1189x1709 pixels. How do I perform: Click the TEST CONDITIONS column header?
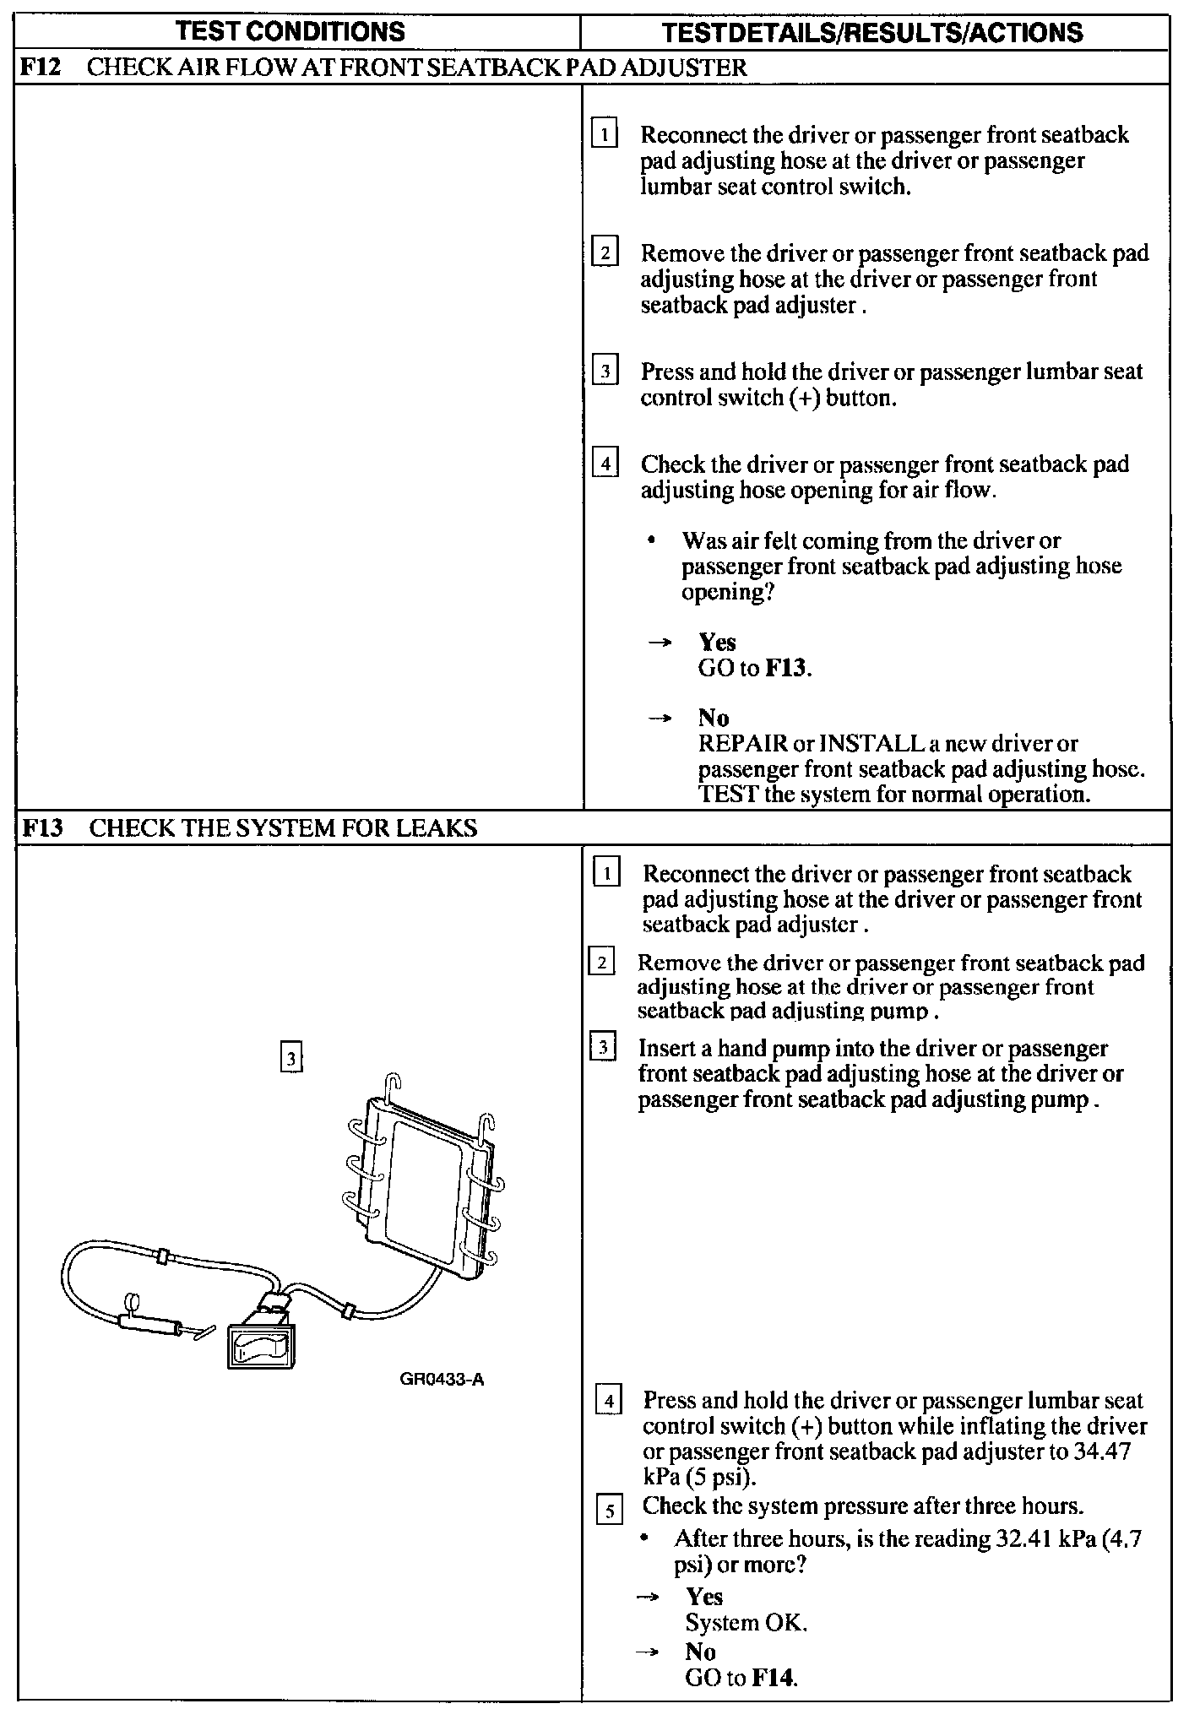(x=290, y=32)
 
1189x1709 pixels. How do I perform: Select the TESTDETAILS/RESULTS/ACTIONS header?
(x=872, y=33)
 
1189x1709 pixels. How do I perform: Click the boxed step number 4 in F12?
(x=605, y=464)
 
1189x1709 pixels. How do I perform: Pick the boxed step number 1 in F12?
(x=605, y=135)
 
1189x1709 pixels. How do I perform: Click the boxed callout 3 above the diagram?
(x=290, y=1057)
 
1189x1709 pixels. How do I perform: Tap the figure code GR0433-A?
(x=442, y=1380)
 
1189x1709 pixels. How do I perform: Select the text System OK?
(x=746, y=1622)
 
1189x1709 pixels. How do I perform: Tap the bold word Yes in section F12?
(x=717, y=643)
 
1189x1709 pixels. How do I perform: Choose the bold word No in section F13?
(x=700, y=1651)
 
